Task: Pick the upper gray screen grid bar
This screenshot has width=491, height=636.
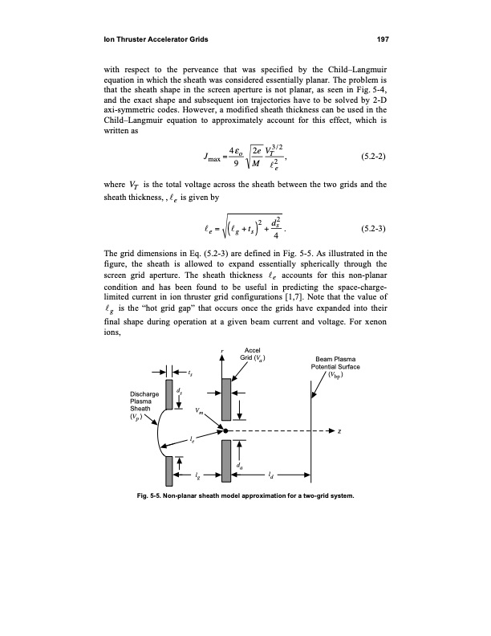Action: (169, 397)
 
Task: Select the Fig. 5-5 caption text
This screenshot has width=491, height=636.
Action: (245, 495)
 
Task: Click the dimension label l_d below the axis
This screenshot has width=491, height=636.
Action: (270, 477)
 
